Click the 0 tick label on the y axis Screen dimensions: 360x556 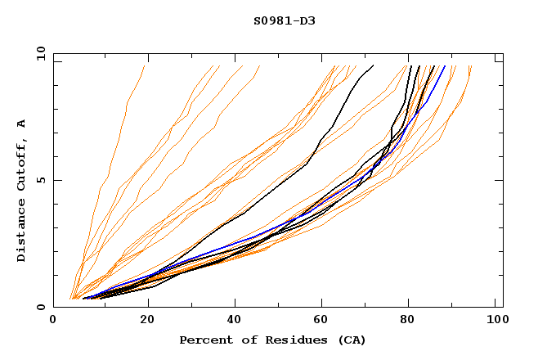coord(40,307)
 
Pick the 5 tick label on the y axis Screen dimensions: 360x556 coord(40,180)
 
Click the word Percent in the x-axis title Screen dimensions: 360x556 coord(206,340)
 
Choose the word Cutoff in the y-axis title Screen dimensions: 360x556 coord(22,160)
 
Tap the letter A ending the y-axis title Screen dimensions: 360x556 coord(22,123)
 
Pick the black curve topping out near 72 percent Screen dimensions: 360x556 coord(343,106)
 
